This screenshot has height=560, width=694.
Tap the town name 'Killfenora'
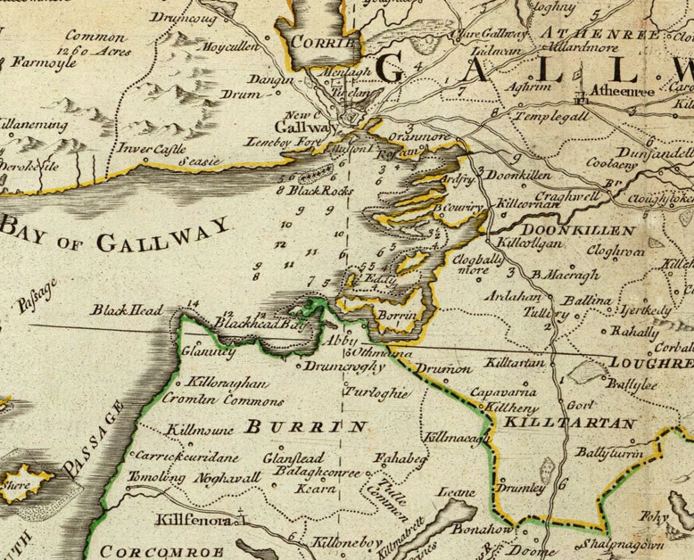194,520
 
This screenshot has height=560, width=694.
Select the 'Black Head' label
126,310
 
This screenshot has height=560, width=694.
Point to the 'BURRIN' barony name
305,426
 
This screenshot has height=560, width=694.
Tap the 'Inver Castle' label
152,149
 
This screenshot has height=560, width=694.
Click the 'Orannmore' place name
419,137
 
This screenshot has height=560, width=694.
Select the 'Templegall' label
552,117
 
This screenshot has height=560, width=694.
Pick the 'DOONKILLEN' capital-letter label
578,230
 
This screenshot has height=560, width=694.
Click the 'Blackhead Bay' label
259,324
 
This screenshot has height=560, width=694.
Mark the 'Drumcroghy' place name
344,366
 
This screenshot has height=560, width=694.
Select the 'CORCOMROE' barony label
162,552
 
